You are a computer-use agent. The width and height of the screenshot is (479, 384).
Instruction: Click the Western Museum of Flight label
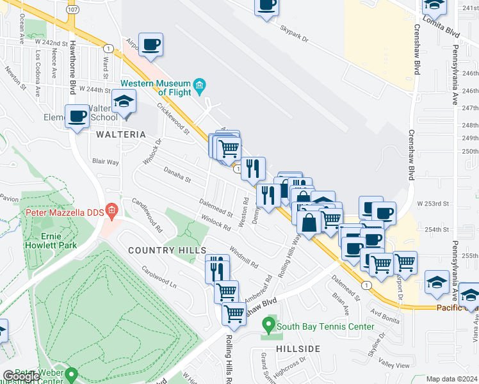pyautogui.click(x=156, y=88)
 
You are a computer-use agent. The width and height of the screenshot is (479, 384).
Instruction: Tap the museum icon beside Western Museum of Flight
pyautogui.click(x=199, y=85)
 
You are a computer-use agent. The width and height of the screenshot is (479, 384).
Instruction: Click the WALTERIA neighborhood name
pyautogui.click(x=117, y=135)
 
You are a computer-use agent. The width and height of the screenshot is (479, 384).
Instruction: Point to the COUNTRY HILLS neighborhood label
pyautogui.click(x=159, y=250)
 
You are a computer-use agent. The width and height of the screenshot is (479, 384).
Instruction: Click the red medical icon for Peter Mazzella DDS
pyautogui.click(x=111, y=210)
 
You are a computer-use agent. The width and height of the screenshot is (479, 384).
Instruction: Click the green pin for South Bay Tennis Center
pyautogui.click(x=270, y=326)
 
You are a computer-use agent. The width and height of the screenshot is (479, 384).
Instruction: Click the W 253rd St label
pyautogui.click(x=430, y=203)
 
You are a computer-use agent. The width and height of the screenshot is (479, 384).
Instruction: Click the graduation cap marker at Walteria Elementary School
pyautogui.click(x=124, y=101)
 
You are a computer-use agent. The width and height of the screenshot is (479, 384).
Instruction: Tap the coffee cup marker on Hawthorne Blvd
pyautogui.click(x=77, y=116)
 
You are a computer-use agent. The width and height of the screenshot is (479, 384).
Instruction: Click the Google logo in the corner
pyautogui.click(x=20, y=376)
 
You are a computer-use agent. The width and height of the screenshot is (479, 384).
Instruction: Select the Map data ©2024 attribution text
pyautogui.click(x=451, y=379)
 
